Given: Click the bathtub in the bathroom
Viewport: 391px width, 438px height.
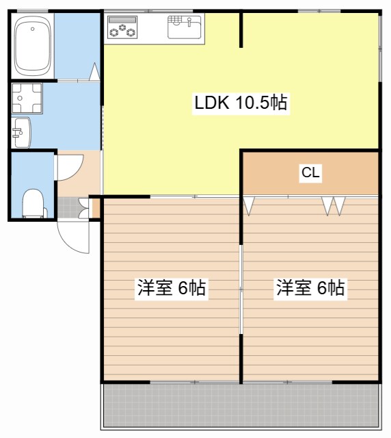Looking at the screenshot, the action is [x=33, y=46].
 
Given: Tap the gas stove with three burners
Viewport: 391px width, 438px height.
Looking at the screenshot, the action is [x=122, y=27].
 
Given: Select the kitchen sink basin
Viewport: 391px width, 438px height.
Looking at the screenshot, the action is [x=184, y=27].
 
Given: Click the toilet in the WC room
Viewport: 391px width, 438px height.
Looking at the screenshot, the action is [x=33, y=203].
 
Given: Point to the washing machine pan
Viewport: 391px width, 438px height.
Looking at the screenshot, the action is [x=27, y=98].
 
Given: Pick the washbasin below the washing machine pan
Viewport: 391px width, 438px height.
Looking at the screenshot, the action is [x=21, y=133].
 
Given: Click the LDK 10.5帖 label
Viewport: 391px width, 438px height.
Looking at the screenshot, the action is [x=241, y=103].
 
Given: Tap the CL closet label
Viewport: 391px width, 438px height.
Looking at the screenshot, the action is [x=310, y=172].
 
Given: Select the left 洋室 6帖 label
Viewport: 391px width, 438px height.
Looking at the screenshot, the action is [x=172, y=288].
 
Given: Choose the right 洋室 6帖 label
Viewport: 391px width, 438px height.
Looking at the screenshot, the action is [x=310, y=288].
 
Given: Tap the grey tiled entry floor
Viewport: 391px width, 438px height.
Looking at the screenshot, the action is [x=68, y=207].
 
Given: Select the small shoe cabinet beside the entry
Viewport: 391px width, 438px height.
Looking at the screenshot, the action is [x=96, y=207].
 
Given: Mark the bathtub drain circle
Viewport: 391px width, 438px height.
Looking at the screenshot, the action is [x=33, y=29].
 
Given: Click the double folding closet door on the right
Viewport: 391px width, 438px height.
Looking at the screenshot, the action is [x=333, y=206].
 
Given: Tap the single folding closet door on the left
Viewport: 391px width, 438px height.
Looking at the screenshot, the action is [x=249, y=206].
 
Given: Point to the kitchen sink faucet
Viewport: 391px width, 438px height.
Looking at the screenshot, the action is [x=190, y=23].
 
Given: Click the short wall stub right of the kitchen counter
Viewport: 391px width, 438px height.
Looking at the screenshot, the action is [x=241, y=29].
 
